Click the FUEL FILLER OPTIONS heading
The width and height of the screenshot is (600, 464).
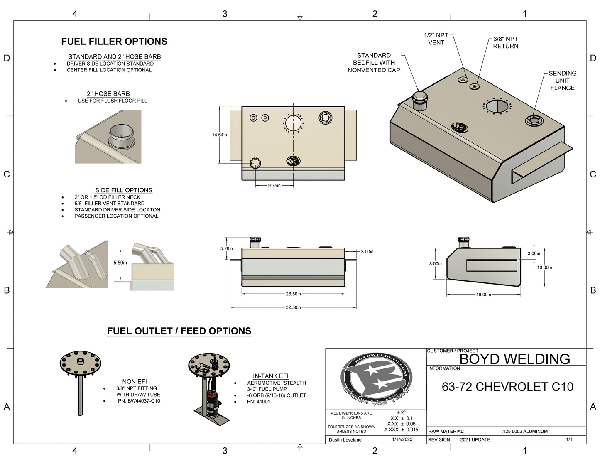coord(114,42)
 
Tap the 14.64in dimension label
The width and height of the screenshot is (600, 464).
coord(219,135)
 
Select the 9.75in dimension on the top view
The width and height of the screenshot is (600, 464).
coord(274,186)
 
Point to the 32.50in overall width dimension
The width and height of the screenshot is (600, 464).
coord(293,307)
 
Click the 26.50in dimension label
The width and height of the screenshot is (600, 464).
coord(293,294)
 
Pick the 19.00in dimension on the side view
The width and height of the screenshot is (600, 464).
coord(483,295)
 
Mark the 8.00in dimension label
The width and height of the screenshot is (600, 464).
coord(435,264)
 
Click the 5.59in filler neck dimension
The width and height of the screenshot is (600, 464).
coord(120,263)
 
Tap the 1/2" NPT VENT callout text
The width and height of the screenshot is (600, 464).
coord(436,39)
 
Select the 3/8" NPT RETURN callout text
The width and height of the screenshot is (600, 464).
coord(505,42)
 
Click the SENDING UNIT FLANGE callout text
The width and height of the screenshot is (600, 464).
coord(562,81)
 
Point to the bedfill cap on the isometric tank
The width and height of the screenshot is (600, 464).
coord(419,100)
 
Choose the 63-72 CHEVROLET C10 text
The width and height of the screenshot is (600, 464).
coord(507,387)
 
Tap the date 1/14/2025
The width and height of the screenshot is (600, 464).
coord(402,439)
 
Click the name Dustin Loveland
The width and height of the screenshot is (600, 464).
coord(345,440)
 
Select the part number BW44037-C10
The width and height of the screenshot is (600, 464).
coord(139,401)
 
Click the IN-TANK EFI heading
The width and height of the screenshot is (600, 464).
coord(270,376)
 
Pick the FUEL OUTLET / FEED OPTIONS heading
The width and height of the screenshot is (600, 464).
coord(179,331)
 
